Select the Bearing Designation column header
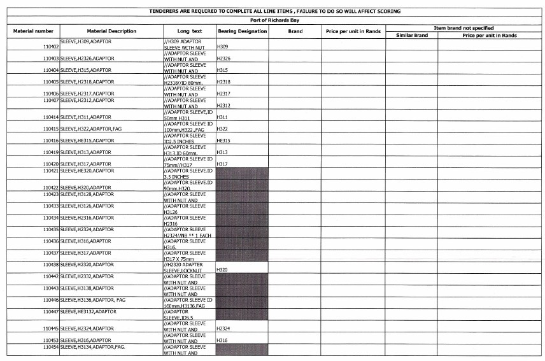click(242, 31)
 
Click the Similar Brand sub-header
click(411, 36)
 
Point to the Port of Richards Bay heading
click(274, 20)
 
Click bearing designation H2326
click(223, 59)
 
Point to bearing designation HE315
click(223, 141)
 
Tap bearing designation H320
click(222, 270)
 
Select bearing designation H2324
click(223, 329)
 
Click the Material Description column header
click(111, 31)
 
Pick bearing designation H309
click(222, 47)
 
